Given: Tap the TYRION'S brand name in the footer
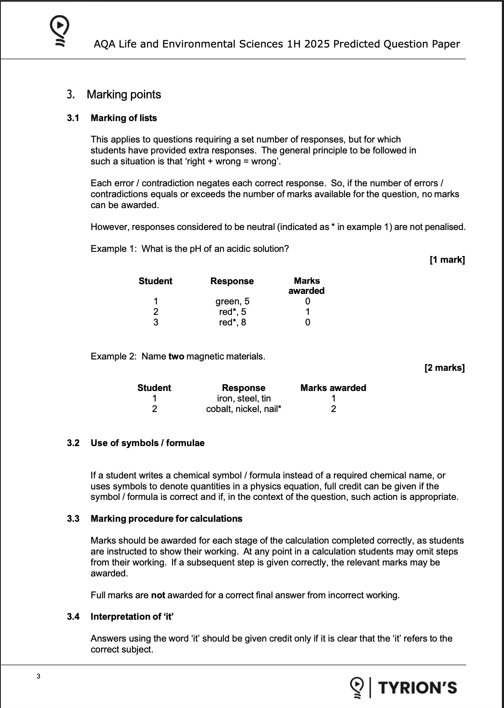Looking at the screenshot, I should (417, 687).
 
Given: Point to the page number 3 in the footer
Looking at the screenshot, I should (39, 676).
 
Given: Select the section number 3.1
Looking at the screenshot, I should (73, 118).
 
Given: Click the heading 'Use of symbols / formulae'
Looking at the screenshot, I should (147, 443).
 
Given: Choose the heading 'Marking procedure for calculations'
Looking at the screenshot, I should (166, 519).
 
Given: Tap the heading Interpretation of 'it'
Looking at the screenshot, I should (132, 617).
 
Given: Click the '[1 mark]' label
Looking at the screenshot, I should (447, 260).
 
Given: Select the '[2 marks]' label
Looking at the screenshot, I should (445, 368).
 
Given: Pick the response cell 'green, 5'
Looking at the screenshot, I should (232, 301).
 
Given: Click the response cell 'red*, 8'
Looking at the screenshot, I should (232, 322).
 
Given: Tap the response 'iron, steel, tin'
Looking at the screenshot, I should (244, 399).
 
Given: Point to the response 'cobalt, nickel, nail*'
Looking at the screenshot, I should (244, 409).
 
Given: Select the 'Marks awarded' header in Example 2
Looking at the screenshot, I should (333, 388).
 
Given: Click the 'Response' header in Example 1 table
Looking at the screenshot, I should (232, 281).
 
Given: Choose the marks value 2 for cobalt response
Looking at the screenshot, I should (333, 409).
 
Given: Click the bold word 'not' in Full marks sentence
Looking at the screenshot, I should (158, 595).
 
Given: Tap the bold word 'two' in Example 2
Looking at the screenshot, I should (176, 357).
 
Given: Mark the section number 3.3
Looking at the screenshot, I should (73, 519).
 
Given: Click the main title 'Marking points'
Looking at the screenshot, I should (124, 95).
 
